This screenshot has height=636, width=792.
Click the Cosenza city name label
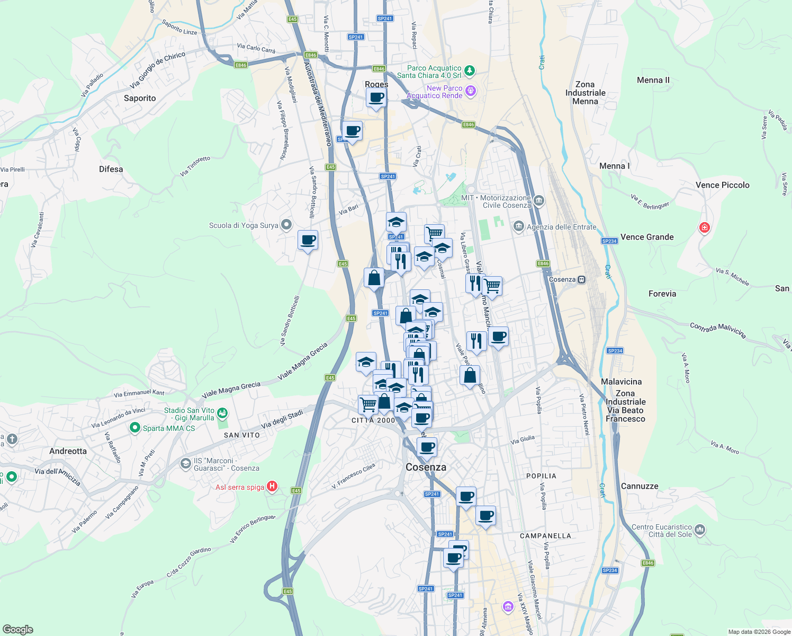point(426,467)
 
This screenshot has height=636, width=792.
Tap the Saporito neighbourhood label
point(140,98)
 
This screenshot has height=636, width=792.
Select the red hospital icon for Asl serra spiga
point(272,486)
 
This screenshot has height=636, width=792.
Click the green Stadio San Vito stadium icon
point(222,412)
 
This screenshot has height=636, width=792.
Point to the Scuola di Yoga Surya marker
point(286,225)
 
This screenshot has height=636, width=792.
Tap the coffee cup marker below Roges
point(376,98)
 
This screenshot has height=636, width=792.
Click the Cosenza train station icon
point(582,279)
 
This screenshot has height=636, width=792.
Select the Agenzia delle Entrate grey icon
point(519,227)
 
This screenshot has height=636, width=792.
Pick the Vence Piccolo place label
point(722,185)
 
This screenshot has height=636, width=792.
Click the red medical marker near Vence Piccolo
point(704,228)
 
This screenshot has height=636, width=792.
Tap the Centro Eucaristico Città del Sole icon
point(700,529)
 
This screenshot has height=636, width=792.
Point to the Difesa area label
point(111,169)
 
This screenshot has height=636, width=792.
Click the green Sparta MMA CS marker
point(134,427)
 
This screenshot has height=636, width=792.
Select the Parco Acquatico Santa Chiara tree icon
point(469,70)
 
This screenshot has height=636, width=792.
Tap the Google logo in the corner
point(18,630)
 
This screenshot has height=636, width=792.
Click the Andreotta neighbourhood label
point(68,451)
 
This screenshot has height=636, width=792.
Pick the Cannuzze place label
point(640,486)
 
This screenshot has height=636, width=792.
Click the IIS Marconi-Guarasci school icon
point(185,464)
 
